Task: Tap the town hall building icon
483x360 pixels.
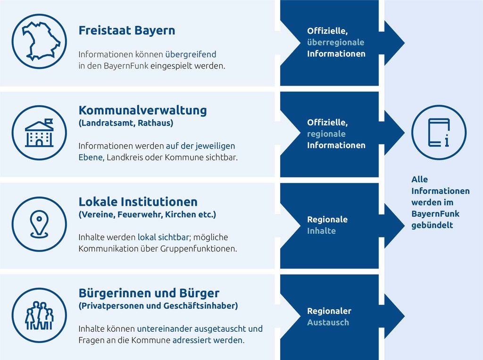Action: [40, 133]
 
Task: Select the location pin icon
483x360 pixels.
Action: [40, 224]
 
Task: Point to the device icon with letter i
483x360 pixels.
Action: [439, 133]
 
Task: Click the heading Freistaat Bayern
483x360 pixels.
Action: [127, 31]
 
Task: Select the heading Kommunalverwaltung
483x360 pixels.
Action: [142, 110]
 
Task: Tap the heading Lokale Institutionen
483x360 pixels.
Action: [138, 201]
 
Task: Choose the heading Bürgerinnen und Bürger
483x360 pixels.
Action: [149, 293]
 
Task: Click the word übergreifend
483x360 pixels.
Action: [191, 54]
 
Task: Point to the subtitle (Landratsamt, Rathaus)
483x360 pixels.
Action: [126, 123]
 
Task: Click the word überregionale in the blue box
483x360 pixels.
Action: [335, 42]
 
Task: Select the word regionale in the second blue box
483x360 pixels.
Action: [326, 134]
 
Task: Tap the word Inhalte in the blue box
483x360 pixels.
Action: [321, 231]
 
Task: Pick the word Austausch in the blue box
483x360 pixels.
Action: [328, 322]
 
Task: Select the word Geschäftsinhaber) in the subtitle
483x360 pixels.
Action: [200, 306]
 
